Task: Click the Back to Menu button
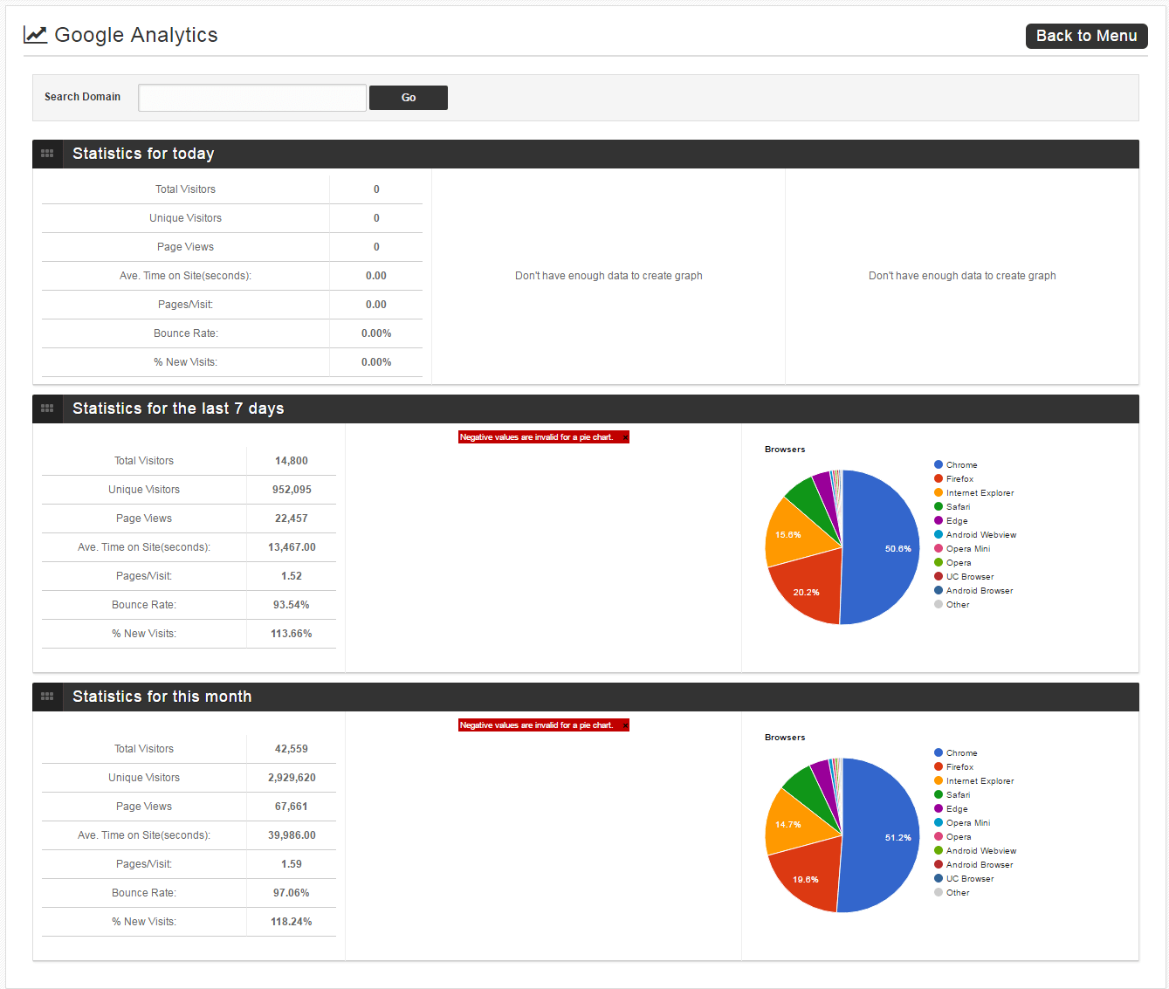coord(1086,36)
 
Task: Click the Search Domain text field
coord(252,97)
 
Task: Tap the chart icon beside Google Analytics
coord(35,35)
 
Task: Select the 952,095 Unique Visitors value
coord(292,489)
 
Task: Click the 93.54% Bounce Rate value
coord(292,604)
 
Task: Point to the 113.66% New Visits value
coord(292,634)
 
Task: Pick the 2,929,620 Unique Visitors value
coord(292,778)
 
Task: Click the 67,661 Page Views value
coord(292,807)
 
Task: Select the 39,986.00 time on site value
coord(292,835)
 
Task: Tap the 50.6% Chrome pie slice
coord(883,547)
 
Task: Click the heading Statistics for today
coord(143,154)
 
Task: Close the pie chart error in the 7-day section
coord(625,437)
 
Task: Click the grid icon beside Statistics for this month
coord(47,697)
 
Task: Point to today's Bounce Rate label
coord(185,333)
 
